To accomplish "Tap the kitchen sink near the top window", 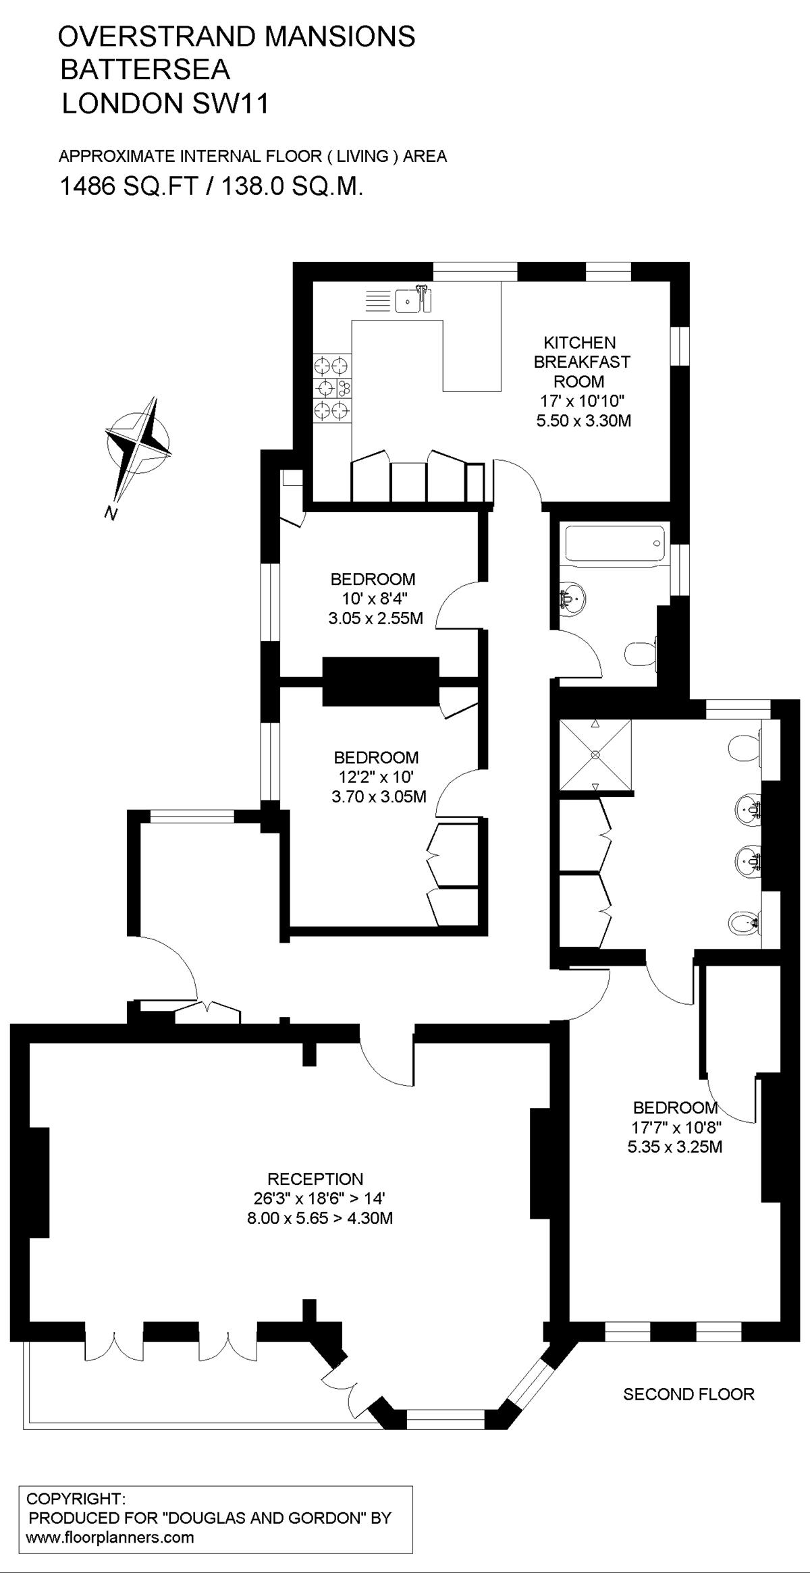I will click(407, 301).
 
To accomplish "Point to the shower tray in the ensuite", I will click(595, 754).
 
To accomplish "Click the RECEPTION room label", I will click(315, 1179).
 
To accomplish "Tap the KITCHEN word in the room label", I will click(580, 343).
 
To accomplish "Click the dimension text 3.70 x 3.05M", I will click(379, 796).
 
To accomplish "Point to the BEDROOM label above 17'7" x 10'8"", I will click(674, 1107).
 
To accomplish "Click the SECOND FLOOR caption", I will click(688, 1393).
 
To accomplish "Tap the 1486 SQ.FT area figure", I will click(128, 186).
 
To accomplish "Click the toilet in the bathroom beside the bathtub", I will click(641, 653).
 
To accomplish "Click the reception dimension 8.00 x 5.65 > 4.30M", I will click(321, 1217).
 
